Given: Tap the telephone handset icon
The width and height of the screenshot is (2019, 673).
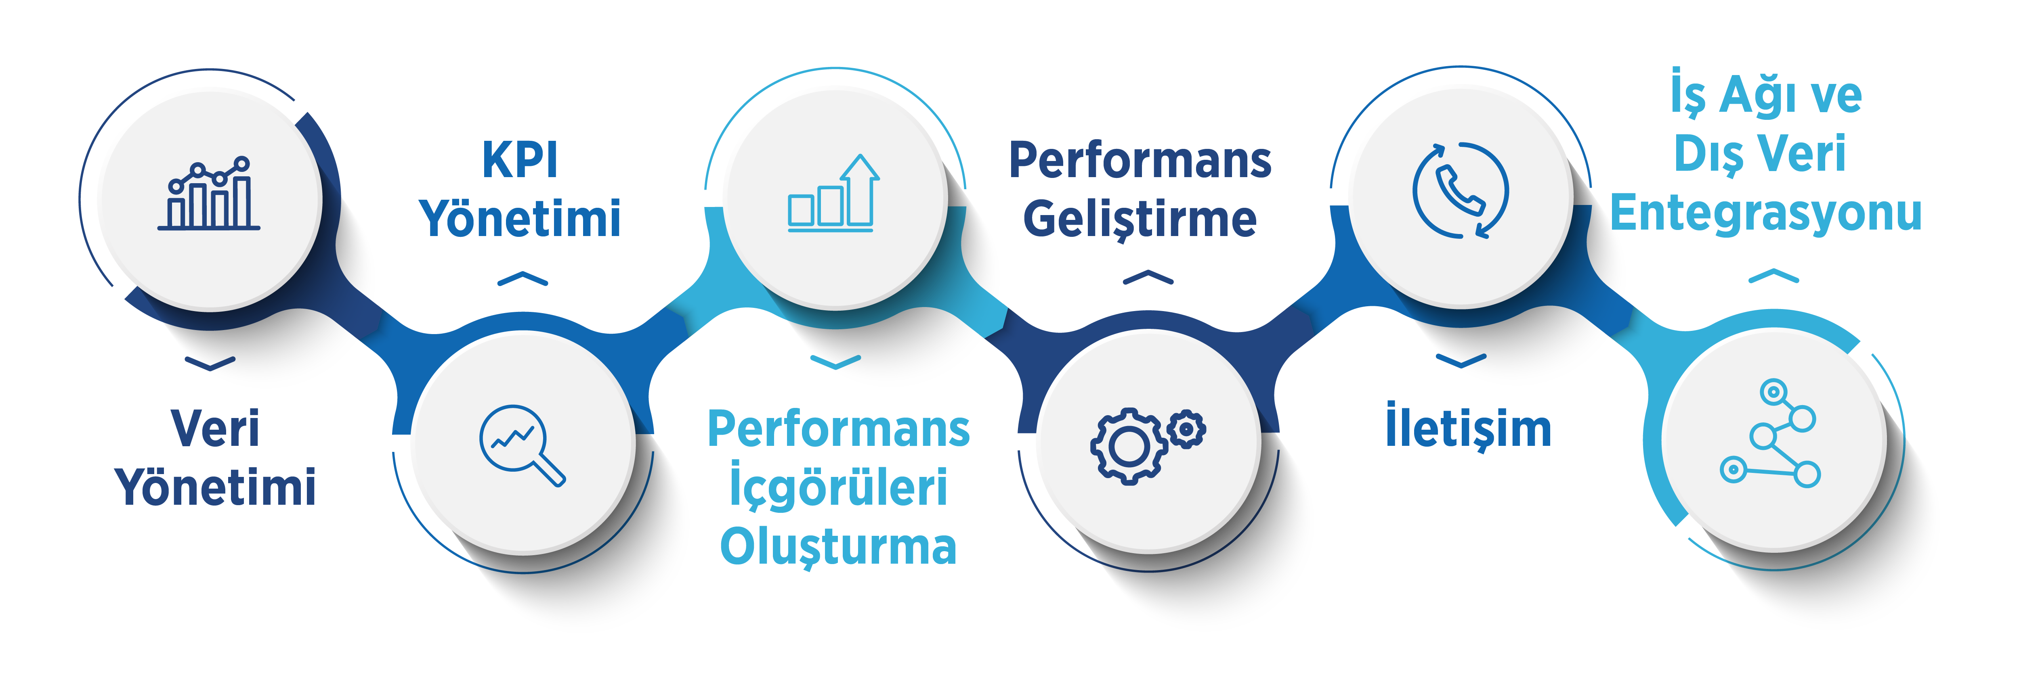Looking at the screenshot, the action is tap(1459, 190).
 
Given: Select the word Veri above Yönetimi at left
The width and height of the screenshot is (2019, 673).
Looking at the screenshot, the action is tap(215, 428).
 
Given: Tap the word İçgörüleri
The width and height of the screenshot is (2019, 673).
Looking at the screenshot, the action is tap(838, 486).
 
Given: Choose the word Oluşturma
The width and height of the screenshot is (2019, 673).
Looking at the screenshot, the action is tap(838, 546).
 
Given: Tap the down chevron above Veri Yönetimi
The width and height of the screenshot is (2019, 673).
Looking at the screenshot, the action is tap(210, 363).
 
